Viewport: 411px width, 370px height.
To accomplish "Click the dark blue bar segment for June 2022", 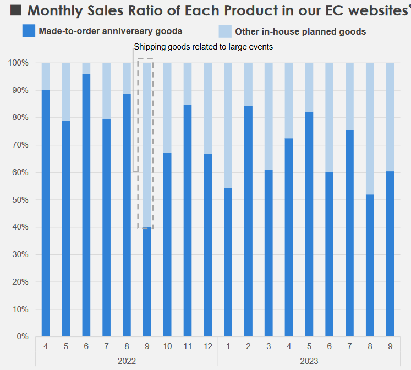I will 86,205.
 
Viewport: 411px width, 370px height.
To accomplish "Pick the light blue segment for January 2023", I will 228,125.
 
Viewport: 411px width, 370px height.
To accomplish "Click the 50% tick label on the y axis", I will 20,199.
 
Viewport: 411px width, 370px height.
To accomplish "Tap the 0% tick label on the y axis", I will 22,336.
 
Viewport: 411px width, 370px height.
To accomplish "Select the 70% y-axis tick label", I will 20,145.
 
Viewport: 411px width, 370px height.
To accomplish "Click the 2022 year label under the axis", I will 127,361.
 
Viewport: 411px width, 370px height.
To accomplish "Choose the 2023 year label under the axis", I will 309,361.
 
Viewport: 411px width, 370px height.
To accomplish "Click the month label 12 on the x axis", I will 207,346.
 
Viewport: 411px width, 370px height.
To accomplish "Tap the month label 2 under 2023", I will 248,346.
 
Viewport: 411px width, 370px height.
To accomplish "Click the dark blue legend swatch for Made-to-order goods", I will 29,31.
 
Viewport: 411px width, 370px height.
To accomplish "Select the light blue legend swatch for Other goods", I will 224,31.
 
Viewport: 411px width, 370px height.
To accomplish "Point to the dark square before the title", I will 16,10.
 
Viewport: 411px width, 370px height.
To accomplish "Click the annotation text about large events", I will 203,47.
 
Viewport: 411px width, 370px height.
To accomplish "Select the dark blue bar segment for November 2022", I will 187,220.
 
